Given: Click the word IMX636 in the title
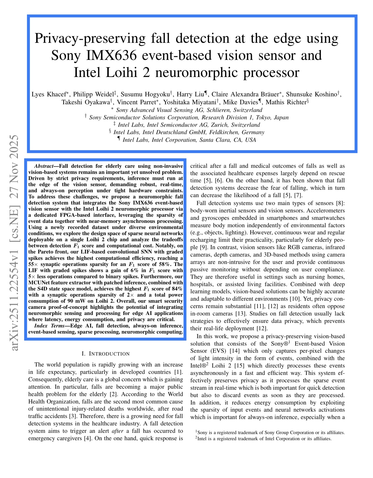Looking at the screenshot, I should [111, 55].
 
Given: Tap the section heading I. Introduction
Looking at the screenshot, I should [106, 354].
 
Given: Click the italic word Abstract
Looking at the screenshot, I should [44, 166].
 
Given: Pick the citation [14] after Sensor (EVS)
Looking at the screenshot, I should [234, 351].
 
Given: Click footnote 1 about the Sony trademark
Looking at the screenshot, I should [270, 432].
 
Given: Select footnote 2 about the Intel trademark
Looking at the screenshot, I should [263, 439].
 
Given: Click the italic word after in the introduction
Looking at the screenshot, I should [118, 431].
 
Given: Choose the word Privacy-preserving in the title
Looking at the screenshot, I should [90, 39].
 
